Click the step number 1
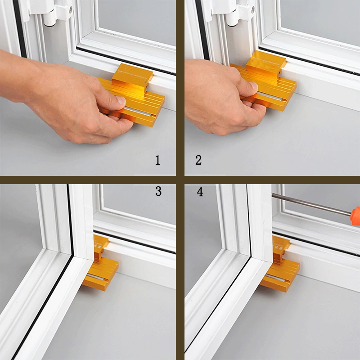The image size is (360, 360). (x=157, y=160)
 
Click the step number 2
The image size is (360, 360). (x=198, y=160)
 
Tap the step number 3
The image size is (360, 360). (x=158, y=191)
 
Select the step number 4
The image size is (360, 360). (x=200, y=192)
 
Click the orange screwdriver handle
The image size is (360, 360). (x=355, y=213)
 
